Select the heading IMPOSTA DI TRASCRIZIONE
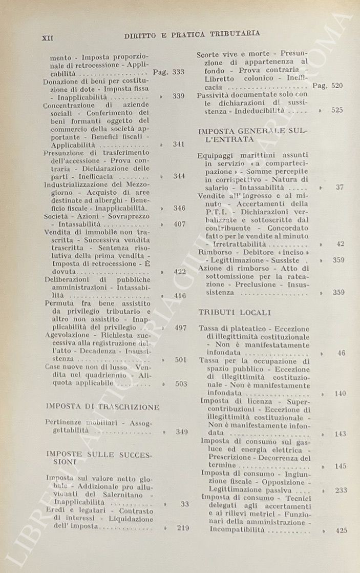(x=102, y=407)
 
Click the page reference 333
(x=178, y=72)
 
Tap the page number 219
(x=181, y=528)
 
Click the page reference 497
(x=180, y=328)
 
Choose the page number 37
(x=340, y=187)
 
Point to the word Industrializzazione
(x=76, y=184)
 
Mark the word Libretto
(x=220, y=78)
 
